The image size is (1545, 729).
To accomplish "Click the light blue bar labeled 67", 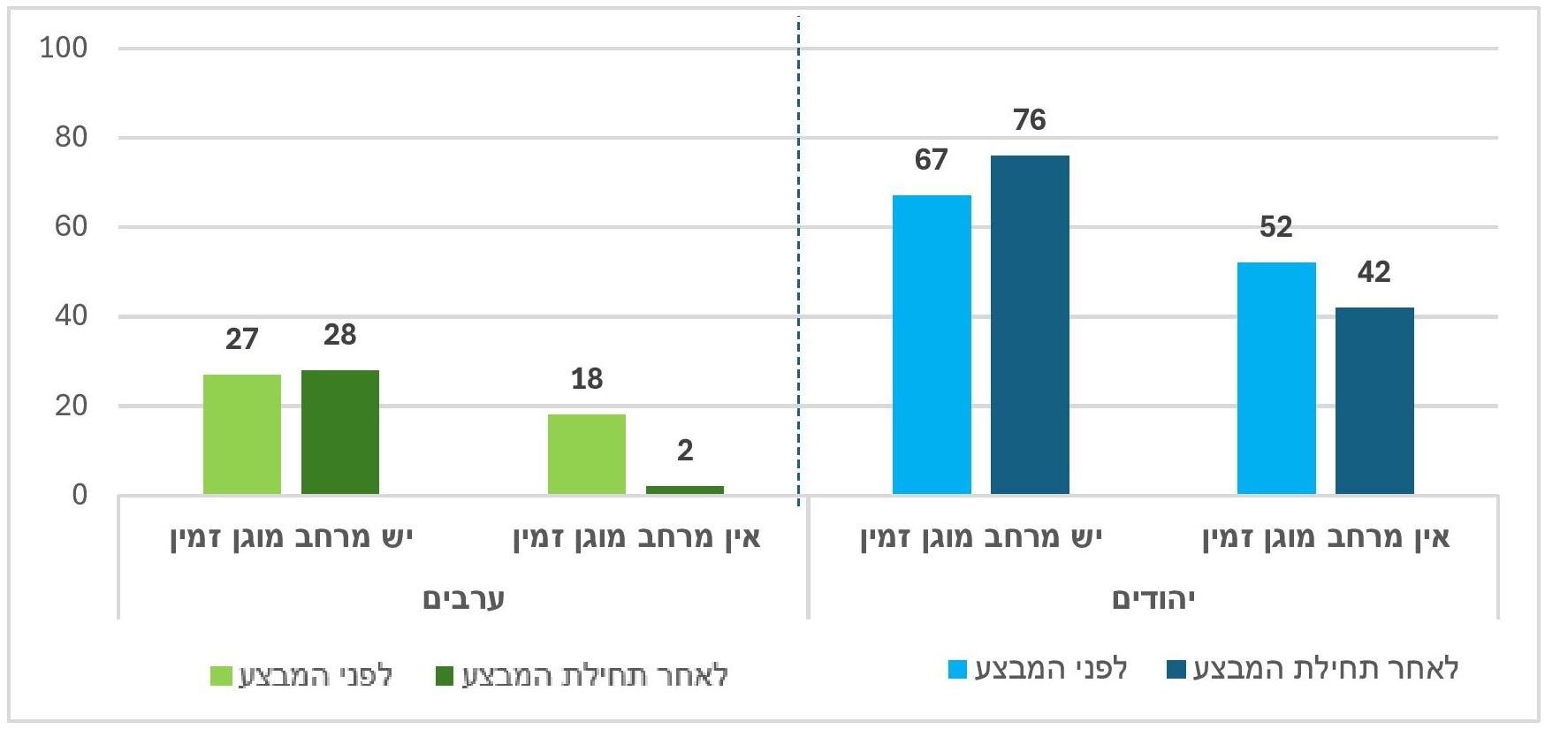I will (x=932, y=345).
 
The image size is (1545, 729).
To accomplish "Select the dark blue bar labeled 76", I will (x=1030, y=324).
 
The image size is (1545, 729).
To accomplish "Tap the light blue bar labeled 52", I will (x=1276, y=378).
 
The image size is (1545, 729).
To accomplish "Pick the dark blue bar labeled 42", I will (x=1374, y=400).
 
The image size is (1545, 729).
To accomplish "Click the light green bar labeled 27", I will (x=242, y=434).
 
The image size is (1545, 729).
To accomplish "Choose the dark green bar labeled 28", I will (x=340, y=432).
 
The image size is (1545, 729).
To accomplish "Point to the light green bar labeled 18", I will (x=587, y=454).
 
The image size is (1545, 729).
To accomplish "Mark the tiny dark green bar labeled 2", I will (x=685, y=490).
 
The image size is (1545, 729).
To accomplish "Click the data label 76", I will (x=1030, y=120).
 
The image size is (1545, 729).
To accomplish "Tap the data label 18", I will (x=587, y=379).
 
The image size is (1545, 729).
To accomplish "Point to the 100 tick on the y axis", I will (x=64, y=48).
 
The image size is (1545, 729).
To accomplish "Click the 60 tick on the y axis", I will (x=71, y=227).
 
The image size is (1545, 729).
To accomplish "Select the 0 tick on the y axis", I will (x=80, y=495).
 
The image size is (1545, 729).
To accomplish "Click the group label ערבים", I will (x=463, y=599).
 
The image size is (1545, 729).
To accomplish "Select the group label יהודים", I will (x=1153, y=599).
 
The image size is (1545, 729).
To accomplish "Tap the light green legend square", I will (x=221, y=676).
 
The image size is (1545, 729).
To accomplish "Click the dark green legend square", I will (x=445, y=676).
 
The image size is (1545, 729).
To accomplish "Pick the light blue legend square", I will (x=958, y=669).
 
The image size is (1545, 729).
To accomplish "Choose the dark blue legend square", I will (x=1176, y=669).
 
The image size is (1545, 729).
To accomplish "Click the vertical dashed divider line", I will (x=799, y=265).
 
